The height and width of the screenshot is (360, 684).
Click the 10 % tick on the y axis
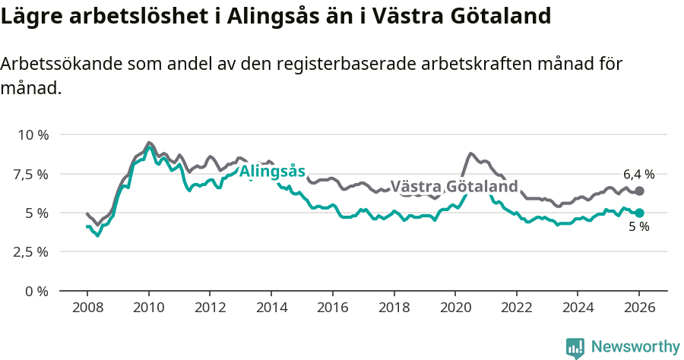32,135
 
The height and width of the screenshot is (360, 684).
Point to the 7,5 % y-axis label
32,174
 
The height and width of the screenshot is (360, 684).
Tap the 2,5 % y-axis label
32,251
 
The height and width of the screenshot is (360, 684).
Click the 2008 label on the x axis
87,309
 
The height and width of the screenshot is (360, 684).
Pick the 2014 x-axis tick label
271,309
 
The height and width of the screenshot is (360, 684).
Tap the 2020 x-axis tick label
454,309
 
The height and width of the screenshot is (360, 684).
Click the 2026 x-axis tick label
638,309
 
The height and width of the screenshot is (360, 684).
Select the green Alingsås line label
272,172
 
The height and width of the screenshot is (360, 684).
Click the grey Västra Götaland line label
454,187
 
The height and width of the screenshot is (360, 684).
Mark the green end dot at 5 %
639,213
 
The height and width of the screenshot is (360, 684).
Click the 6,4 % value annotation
638,174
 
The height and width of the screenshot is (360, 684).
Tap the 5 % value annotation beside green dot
638,227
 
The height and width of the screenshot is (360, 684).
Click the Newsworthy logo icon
575,348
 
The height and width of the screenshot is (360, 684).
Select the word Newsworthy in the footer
635,347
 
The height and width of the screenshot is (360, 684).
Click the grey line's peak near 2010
148,142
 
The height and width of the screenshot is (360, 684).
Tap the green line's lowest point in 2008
97,235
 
